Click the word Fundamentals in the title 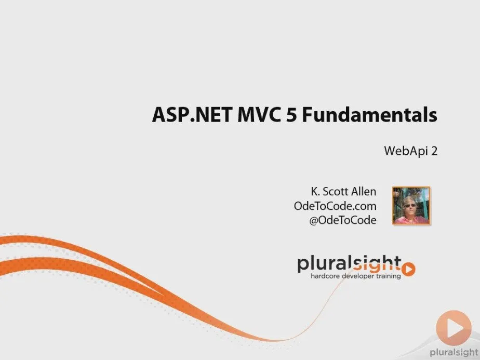[x=370, y=115]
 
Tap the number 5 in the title [x=291, y=115]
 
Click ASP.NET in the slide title [x=192, y=115]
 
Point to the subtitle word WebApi [x=406, y=151]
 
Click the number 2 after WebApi [x=434, y=151]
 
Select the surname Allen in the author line [x=363, y=192]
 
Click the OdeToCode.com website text [x=335, y=206]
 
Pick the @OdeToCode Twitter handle [x=342, y=220]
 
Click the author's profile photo [x=411, y=206]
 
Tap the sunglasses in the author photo [x=409, y=205]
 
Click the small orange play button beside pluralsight [x=408, y=270]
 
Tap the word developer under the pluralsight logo [x=357, y=276]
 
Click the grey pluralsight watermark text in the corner [x=454, y=353]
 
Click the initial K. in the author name [x=315, y=192]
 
